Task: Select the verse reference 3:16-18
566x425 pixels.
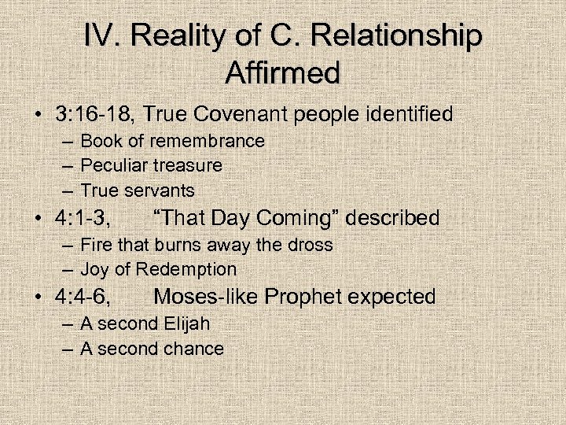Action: tap(90, 114)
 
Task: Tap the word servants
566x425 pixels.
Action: tap(160, 190)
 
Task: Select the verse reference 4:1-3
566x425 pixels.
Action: tap(83, 218)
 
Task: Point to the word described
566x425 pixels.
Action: tap(393, 218)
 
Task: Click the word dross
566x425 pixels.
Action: tap(310, 245)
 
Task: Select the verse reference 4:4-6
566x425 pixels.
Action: tap(83, 297)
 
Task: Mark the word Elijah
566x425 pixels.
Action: tap(187, 323)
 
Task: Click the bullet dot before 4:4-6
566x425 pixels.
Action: tap(39, 297)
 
